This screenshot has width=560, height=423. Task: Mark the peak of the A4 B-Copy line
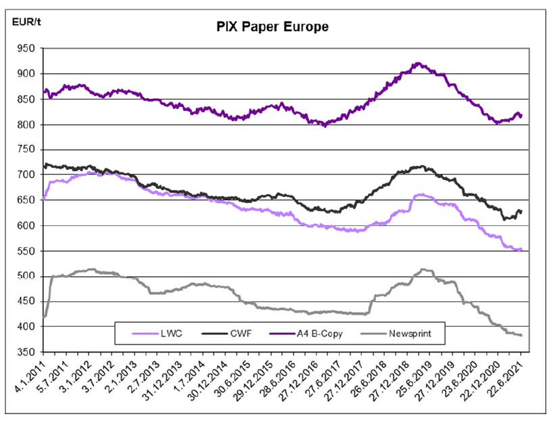pyautogui.click(x=418, y=64)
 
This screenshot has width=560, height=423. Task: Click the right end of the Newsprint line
pyautogui.click(x=521, y=335)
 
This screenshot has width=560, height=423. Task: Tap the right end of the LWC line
pyautogui.click(x=521, y=250)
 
